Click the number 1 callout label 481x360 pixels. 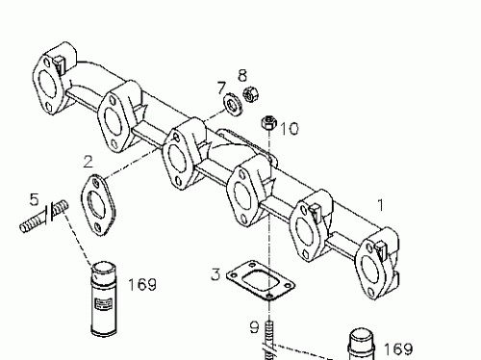[x=381, y=205]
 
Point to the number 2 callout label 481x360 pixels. [x=88, y=161]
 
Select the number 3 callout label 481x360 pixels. [x=216, y=276]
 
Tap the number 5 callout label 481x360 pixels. [x=34, y=200]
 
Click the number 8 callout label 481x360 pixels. [x=242, y=74]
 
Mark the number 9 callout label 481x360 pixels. [x=254, y=327]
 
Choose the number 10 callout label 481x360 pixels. [x=290, y=128]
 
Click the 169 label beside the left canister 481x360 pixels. [x=141, y=284]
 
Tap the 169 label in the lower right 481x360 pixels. [x=398, y=348]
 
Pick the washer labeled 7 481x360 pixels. [x=232, y=102]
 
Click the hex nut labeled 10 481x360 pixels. [x=269, y=123]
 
